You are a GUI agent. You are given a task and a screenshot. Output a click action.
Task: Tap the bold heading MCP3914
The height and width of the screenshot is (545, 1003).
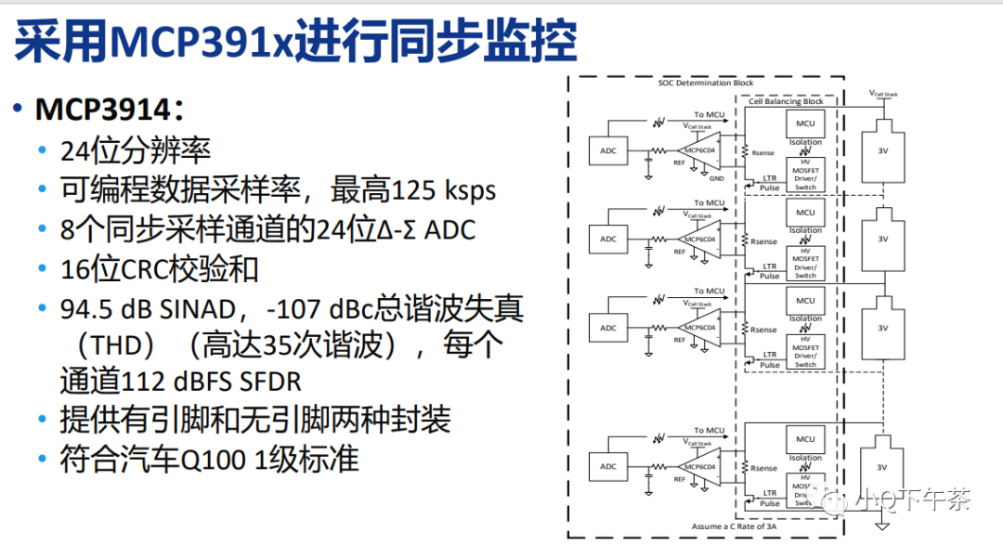(x=102, y=110)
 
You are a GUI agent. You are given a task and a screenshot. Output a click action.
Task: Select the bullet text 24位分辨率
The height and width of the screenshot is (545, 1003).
(x=136, y=150)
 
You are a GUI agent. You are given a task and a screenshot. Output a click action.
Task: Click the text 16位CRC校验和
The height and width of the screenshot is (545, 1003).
(x=160, y=269)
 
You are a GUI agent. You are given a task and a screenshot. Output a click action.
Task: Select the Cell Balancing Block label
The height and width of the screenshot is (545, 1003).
(x=787, y=101)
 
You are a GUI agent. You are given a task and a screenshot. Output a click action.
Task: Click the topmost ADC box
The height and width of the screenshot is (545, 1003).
(x=608, y=150)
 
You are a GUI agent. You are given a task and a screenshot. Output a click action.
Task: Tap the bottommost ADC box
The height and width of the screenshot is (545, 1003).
(x=608, y=466)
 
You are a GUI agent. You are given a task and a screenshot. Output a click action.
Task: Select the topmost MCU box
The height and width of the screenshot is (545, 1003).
(x=804, y=123)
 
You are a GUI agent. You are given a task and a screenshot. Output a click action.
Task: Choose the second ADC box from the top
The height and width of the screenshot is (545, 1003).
(x=608, y=239)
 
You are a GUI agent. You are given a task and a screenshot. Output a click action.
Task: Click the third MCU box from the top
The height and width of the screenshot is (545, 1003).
(x=804, y=301)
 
